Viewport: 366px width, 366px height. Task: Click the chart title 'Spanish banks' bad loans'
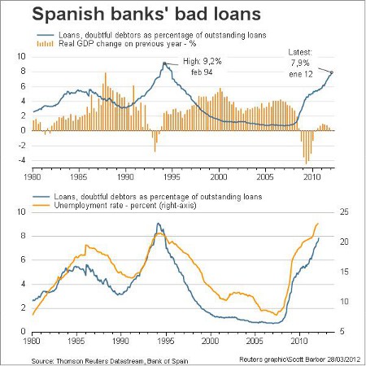[146, 14]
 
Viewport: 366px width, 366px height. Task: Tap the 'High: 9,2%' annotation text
[203, 62]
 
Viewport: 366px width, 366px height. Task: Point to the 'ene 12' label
[301, 74]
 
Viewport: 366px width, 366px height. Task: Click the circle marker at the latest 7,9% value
[331, 72]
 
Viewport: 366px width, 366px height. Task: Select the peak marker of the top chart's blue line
[164, 63]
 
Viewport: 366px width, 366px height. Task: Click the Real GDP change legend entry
[116, 44]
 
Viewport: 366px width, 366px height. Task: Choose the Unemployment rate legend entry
[114, 205]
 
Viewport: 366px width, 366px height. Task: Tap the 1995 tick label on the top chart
[172, 176]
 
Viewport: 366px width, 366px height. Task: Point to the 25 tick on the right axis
[344, 211]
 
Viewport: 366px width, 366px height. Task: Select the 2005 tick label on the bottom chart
[255, 341]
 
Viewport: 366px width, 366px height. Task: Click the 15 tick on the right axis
[344, 272]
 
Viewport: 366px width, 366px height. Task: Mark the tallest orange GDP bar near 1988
[106, 102]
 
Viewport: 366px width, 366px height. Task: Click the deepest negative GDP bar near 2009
[306, 147]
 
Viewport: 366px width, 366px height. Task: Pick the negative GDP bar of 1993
[155, 141]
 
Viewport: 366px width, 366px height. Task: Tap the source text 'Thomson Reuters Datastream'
[100, 361]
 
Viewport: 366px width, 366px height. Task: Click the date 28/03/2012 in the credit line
[344, 359]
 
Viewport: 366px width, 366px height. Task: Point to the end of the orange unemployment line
[318, 224]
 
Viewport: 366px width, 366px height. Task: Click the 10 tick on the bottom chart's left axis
[21, 211]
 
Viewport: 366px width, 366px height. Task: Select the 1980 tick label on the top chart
[33, 176]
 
